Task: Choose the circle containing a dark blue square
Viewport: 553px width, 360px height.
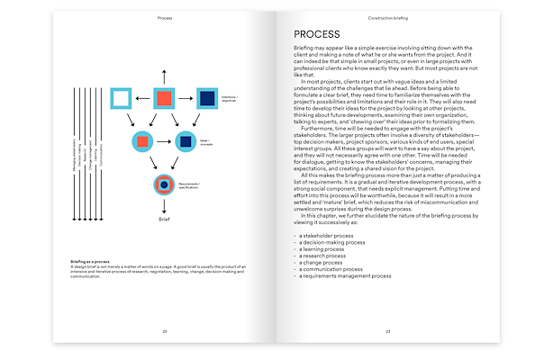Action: click(184, 140)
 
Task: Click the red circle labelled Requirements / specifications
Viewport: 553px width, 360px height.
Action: click(163, 185)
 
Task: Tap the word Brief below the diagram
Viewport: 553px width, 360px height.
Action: click(163, 218)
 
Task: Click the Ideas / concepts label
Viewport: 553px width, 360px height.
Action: click(207, 139)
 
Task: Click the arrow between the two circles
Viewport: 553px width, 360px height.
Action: click(163, 140)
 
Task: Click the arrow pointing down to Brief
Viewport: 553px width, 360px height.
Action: click(163, 204)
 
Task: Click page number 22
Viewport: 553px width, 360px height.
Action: click(164, 331)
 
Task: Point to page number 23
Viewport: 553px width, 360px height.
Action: click(387, 331)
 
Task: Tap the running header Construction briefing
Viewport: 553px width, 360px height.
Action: click(387, 17)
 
